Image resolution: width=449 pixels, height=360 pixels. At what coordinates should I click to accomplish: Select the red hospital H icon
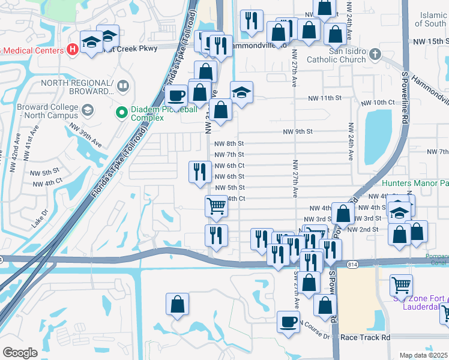(73, 49)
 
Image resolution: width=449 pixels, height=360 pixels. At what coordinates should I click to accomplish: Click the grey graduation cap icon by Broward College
(88, 110)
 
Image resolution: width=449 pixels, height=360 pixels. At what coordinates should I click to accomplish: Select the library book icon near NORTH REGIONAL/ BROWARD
(123, 86)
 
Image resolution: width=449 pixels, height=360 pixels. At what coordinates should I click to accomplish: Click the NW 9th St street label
(298, 131)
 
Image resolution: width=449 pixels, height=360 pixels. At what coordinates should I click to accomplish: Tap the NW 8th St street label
(228, 143)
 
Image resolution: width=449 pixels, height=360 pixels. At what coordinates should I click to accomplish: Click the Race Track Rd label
(365, 338)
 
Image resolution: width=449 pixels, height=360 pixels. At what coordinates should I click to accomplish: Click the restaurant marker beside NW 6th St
(199, 172)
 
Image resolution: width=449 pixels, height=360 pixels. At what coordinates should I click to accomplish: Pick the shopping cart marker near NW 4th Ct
(216, 206)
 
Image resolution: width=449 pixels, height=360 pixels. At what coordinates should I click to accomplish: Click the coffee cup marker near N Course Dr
(288, 322)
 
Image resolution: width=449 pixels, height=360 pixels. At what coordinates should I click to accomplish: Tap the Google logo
(20, 353)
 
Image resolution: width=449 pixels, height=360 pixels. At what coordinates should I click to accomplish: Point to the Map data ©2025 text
(424, 355)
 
